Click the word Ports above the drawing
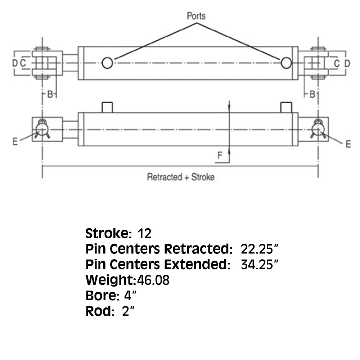(x=196, y=16)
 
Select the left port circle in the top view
(x=107, y=63)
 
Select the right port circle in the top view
(x=286, y=63)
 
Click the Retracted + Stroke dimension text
(x=180, y=177)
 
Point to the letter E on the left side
(x=15, y=142)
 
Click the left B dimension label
(x=51, y=94)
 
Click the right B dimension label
(x=312, y=94)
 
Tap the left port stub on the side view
(x=107, y=107)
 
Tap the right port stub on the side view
(x=286, y=107)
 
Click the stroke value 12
(x=144, y=233)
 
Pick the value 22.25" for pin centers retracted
(x=259, y=249)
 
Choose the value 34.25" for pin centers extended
(x=260, y=265)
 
